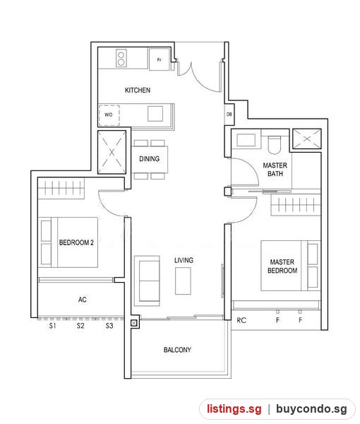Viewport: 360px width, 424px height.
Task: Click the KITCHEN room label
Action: [x=138, y=90]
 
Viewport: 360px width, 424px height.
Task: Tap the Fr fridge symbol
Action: [x=160, y=59]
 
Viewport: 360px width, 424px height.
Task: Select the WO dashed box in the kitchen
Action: [x=109, y=115]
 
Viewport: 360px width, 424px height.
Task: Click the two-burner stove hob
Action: [x=121, y=58]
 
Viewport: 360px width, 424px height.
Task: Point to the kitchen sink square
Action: [x=155, y=114]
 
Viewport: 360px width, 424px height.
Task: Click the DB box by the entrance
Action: [x=229, y=114]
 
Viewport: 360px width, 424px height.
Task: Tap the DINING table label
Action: [x=150, y=159]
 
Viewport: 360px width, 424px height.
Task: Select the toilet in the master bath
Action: [x=275, y=145]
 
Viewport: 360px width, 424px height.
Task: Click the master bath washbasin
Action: [x=246, y=140]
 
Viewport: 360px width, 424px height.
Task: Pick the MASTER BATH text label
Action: [x=275, y=170]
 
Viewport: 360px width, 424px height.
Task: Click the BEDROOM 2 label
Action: [x=76, y=242]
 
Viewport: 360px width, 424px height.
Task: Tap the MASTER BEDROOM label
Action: [x=282, y=266]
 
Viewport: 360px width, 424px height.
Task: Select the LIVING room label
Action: [x=184, y=260]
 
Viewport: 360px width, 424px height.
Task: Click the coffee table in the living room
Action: [x=183, y=281]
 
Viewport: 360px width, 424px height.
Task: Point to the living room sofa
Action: [x=147, y=281]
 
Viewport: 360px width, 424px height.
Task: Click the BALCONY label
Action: [x=177, y=350]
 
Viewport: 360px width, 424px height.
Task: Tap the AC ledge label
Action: [x=83, y=300]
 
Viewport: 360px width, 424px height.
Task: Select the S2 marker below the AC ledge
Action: [x=80, y=326]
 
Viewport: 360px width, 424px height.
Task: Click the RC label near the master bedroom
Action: [x=241, y=320]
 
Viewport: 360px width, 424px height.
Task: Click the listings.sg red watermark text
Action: [x=234, y=408]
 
